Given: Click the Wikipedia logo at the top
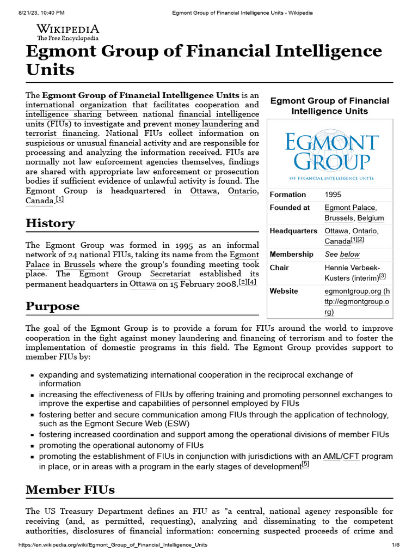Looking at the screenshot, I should [67, 32].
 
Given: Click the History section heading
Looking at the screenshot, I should [50, 223].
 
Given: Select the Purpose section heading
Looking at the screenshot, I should [52, 306].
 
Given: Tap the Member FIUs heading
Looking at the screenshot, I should [70, 489].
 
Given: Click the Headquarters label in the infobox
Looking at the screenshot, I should [293, 231].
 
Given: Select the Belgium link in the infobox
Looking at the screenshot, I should [371, 218].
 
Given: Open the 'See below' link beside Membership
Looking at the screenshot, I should [342, 254].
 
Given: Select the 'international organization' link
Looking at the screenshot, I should [76, 105].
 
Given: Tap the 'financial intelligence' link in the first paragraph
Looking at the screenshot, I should [218, 114].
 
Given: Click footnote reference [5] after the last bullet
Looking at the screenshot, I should [305, 464].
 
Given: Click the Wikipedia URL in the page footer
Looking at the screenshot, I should [113, 545].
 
